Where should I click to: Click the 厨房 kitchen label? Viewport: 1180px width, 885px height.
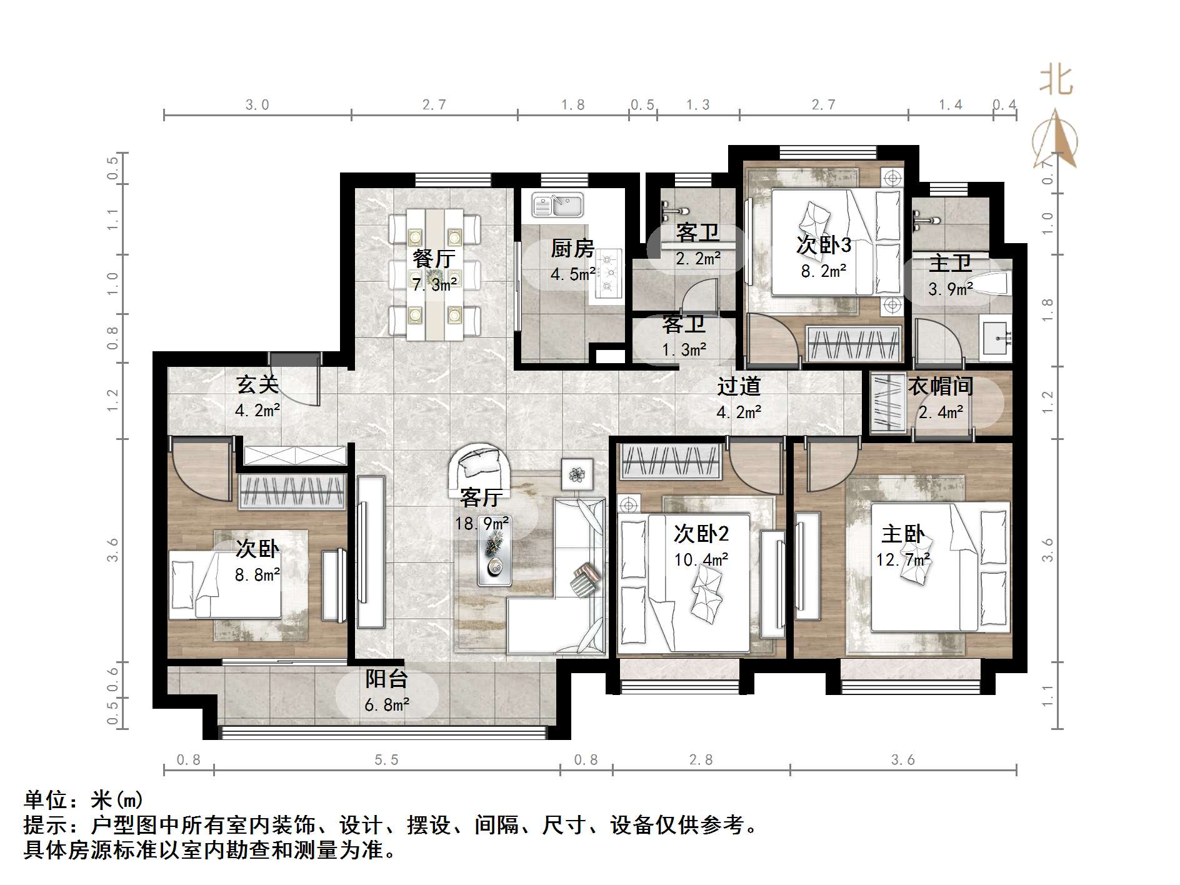coord(572,248)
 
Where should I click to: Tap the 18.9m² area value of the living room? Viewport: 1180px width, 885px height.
coord(481,523)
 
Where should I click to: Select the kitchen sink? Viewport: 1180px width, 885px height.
coord(557,204)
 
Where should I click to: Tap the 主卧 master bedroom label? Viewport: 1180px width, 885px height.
coord(902,534)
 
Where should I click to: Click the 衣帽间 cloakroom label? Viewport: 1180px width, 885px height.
coord(940,386)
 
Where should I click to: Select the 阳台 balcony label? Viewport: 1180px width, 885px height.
coord(387,679)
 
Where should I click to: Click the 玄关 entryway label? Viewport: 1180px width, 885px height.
coord(257,384)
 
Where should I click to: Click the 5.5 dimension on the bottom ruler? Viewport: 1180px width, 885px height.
coord(386,759)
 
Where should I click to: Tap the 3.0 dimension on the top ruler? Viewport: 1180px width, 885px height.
coord(257,104)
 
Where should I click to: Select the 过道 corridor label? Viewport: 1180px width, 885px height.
coord(738,386)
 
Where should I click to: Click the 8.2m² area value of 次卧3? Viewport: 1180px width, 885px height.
coord(824,271)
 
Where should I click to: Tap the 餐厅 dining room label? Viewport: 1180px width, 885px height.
coord(434,258)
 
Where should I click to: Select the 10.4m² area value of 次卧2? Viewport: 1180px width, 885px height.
coord(701,559)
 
